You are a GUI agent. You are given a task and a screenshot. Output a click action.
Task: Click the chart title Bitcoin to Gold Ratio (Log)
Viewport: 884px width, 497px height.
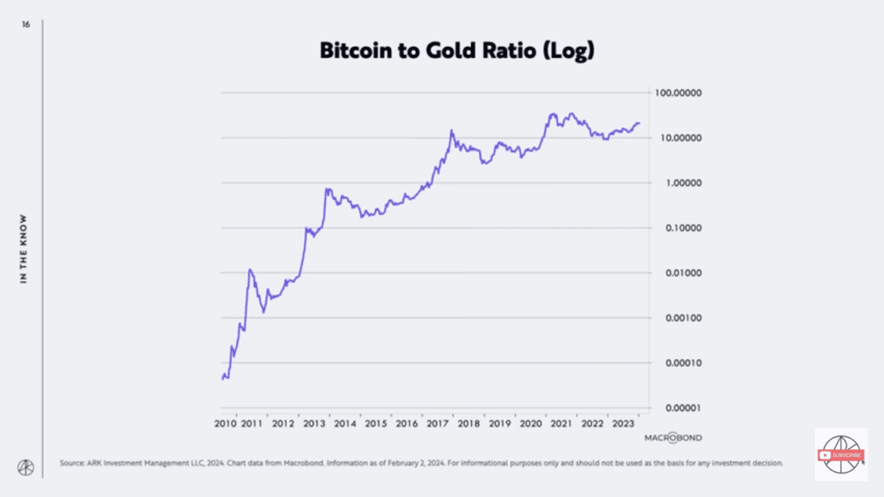pos(457,50)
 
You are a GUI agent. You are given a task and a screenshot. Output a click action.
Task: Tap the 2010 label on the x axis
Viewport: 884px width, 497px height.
pos(225,423)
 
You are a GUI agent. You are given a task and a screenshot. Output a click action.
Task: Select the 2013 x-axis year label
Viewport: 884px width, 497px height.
pos(314,423)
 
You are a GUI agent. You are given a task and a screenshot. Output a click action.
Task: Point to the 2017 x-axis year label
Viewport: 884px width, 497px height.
pos(438,423)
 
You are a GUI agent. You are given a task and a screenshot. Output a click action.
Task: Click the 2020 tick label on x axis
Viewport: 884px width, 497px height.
pos(530,423)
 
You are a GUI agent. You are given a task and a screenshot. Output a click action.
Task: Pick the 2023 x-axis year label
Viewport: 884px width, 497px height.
pos(623,423)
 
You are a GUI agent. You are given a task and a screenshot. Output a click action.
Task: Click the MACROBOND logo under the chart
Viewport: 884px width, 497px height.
pos(673,438)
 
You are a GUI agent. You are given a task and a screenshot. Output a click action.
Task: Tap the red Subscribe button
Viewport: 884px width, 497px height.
pos(841,455)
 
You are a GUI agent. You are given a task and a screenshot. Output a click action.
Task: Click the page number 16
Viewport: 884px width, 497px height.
pos(26,25)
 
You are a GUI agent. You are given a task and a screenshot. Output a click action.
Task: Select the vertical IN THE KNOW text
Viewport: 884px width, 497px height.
pos(24,249)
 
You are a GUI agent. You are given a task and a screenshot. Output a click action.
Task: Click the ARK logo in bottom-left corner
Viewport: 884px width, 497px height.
pos(26,468)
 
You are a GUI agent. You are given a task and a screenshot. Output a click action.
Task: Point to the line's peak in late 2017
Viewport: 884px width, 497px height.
pos(452,130)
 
